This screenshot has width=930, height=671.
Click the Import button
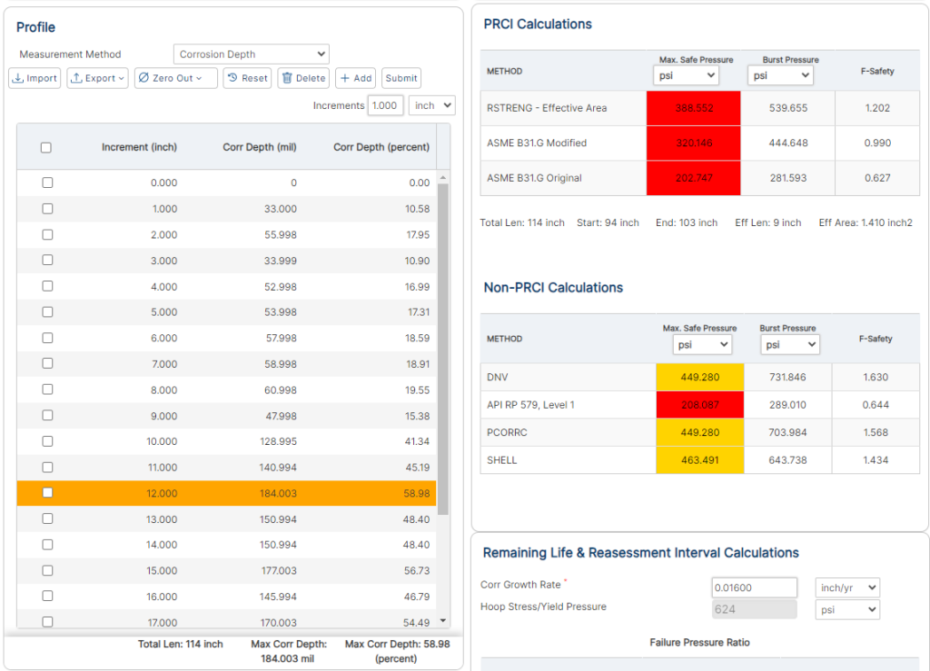(x=35, y=78)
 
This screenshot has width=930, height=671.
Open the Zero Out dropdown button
(x=176, y=78)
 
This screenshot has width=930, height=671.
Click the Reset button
(x=246, y=78)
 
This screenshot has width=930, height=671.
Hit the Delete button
(x=303, y=78)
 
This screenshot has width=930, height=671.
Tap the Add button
(x=355, y=78)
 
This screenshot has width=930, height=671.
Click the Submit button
(x=401, y=78)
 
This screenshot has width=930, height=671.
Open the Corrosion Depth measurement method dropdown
(x=252, y=54)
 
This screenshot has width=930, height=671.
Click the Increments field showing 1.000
(x=385, y=105)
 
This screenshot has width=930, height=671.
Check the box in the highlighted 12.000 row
(x=47, y=493)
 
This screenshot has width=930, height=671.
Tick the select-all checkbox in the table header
(x=46, y=147)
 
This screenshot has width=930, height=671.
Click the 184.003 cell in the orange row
(x=277, y=493)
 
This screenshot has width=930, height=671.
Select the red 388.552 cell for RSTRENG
(x=694, y=108)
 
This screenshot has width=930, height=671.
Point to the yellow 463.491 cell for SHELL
(x=699, y=460)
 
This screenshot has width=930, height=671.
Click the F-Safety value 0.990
(x=877, y=143)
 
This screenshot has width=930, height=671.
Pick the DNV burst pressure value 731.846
(x=787, y=377)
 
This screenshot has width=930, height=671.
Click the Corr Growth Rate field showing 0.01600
(x=754, y=587)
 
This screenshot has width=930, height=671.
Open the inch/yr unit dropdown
(x=846, y=587)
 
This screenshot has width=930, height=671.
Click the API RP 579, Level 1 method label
(x=530, y=405)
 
